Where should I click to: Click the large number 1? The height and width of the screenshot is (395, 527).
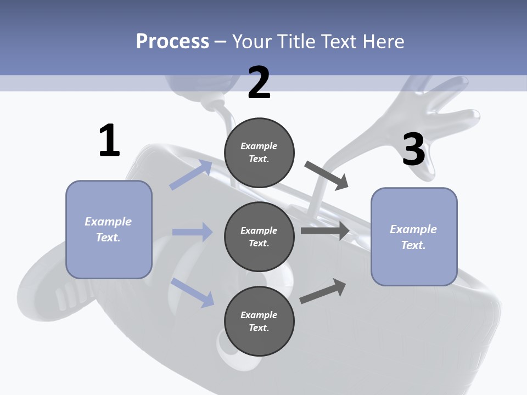[x=109, y=141]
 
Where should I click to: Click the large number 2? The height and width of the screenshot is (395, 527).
[x=259, y=83]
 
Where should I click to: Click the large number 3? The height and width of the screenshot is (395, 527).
[x=413, y=150]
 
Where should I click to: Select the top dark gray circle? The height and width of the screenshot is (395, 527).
[x=259, y=153]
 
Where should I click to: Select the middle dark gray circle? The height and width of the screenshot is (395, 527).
[x=259, y=236]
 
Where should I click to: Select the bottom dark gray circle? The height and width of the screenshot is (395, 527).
[x=259, y=321]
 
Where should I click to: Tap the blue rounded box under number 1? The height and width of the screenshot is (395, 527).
[x=109, y=229]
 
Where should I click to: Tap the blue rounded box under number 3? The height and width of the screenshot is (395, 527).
[x=414, y=236]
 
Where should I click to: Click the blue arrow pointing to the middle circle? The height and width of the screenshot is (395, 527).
[x=193, y=232]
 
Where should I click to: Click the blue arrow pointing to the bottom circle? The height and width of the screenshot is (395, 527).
[x=193, y=291]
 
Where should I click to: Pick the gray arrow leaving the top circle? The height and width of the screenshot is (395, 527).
[x=327, y=176]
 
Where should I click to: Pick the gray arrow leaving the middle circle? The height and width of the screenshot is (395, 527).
[x=326, y=231]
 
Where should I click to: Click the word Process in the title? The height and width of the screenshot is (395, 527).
[x=172, y=41]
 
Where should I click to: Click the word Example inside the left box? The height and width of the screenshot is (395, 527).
[x=108, y=222]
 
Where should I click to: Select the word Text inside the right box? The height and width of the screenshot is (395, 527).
[x=413, y=245]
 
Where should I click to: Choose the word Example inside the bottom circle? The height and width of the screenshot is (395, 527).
[x=259, y=315]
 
